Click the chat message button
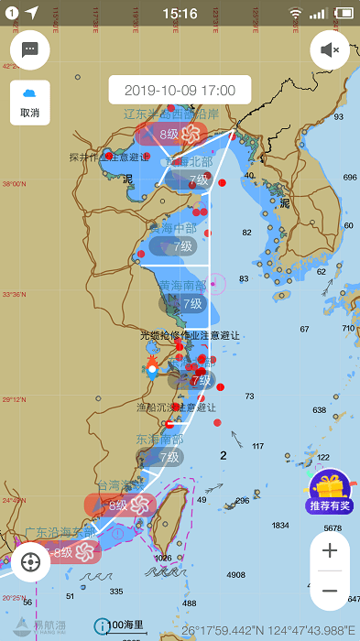[29, 49]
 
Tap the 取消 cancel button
[29, 103]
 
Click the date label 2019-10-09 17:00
[180, 91]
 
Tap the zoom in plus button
[330, 550]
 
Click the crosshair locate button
[29, 561]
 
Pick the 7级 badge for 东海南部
[168, 456]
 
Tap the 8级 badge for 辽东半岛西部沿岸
[169, 134]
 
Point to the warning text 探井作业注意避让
[109, 157]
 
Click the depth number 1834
[280, 525]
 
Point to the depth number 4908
[236, 574]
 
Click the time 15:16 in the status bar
[180, 13]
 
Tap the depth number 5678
[332, 527]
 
